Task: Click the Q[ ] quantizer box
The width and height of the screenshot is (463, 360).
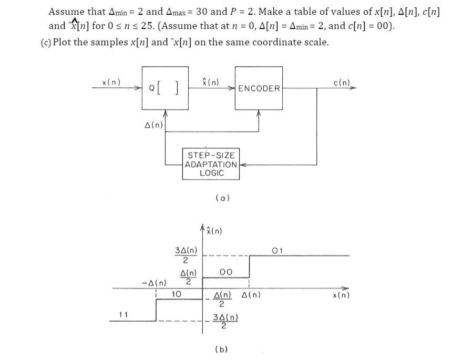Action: (x=165, y=88)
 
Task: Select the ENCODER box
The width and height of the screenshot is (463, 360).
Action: (x=259, y=88)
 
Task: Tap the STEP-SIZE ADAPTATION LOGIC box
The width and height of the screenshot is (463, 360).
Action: (x=211, y=164)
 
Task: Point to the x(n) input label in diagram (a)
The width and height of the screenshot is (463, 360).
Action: (x=111, y=82)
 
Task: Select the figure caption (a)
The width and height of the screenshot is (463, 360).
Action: (x=222, y=198)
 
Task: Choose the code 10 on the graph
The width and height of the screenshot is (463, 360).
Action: (x=177, y=294)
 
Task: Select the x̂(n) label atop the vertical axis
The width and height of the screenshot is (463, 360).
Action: (x=214, y=231)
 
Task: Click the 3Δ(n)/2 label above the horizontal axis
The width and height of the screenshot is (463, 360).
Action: (x=186, y=255)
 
